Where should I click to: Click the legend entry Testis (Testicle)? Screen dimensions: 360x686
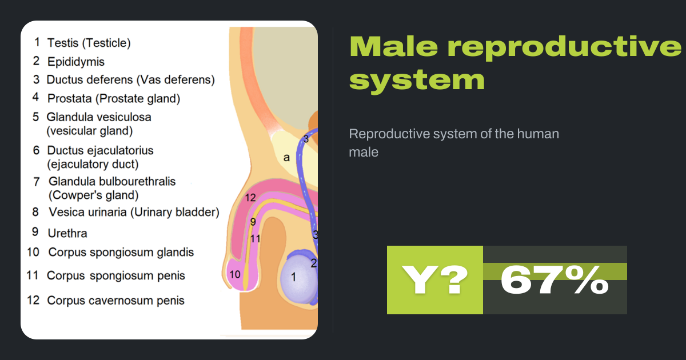(x=89, y=43)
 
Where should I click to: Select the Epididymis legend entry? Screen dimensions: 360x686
(x=76, y=62)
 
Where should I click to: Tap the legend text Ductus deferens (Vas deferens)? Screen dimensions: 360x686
(x=130, y=80)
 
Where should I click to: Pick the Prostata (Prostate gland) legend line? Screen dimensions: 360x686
(x=114, y=99)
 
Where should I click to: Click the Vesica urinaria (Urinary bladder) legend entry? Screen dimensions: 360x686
(x=134, y=213)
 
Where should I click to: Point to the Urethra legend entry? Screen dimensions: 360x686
(x=67, y=233)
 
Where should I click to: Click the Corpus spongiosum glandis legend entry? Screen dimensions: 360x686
(x=121, y=253)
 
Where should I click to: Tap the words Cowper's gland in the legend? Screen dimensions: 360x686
(x=93, y=195)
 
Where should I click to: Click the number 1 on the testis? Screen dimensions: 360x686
(x=293, y=278)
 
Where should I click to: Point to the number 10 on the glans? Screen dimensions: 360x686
(x=234, y=275)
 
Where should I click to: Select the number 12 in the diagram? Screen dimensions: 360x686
(x=250, y=198)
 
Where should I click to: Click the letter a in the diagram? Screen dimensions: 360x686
(x=286, y=158)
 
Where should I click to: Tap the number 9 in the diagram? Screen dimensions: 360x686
(x=253, y=222)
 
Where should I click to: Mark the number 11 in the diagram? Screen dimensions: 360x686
(x=255, y=239)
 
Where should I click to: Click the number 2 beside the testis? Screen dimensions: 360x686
(x=313, y=263)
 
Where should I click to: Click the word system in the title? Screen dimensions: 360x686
(x=417, y=79)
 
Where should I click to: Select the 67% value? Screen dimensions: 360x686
(x=554, y=280)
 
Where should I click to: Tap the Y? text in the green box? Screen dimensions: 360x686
(x=435, y=280)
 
